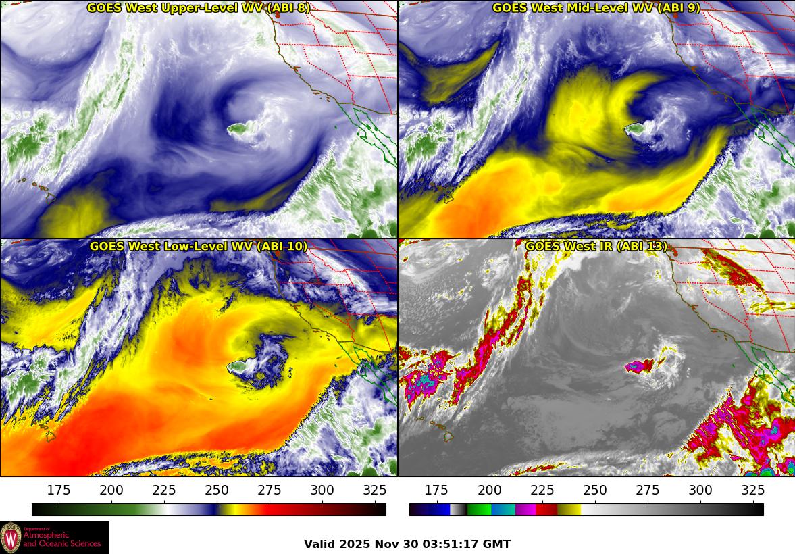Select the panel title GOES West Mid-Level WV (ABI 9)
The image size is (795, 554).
(x=596, y=8)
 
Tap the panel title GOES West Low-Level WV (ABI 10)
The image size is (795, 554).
(x=199, y=247)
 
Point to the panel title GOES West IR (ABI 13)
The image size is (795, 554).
(x=596, y=247)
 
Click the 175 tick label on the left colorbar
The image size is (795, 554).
(x=59, y=490)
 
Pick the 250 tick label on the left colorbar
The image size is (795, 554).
(x=217, y=490)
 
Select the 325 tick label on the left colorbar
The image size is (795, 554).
(x=375, y=490)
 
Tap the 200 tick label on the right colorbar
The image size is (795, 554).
(x=490, y=490)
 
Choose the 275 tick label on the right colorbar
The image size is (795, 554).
(x=648, y=490)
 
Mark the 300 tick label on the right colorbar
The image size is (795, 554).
(x=700, y=490)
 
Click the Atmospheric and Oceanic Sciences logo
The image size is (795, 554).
(x=54, y=537)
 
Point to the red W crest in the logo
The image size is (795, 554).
(x=11, y=538)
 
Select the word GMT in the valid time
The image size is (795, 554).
(x=496, y=545)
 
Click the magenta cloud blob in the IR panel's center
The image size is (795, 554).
(x=638, y=367)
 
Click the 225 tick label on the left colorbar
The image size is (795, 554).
(x=164, y=490)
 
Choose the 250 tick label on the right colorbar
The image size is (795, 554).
(x=595, y=490)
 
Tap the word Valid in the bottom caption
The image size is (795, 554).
(x=319, y=545)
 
